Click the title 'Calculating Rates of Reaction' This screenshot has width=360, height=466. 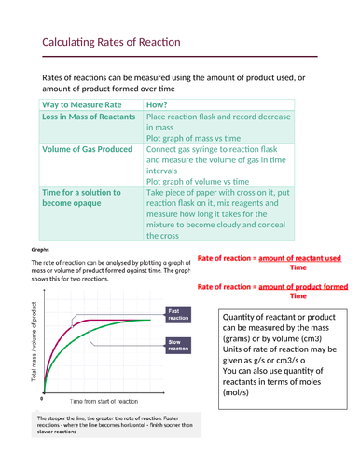tap(111, 43)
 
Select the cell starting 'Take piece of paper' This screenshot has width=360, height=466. tap(224, 213)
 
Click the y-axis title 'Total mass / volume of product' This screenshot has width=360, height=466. tap(35, 344)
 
